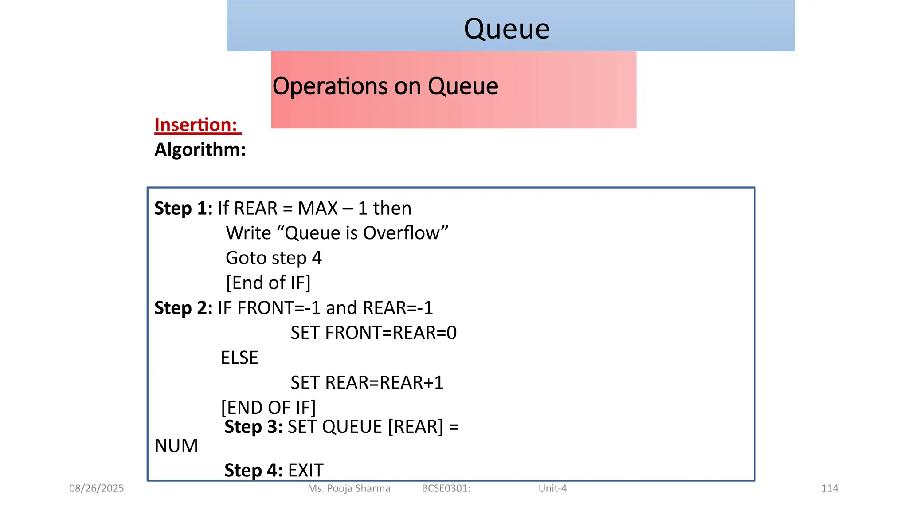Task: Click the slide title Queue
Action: coord(507,29)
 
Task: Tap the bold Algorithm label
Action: coord(200,150)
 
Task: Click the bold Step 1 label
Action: coord(183,208)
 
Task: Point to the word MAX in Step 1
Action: coord(317,208)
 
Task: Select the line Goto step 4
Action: coord(274,258)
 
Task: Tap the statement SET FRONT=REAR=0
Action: coord(373,333)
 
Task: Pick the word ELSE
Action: coord(239,358)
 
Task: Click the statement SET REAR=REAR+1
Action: coord(367,383)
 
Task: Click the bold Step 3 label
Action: coord(253,427)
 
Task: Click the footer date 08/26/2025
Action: coord(97,489)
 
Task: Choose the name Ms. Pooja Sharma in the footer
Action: coord(349,489)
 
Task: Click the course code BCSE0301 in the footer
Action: coord(446,489)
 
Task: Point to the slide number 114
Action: coord(830,489)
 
